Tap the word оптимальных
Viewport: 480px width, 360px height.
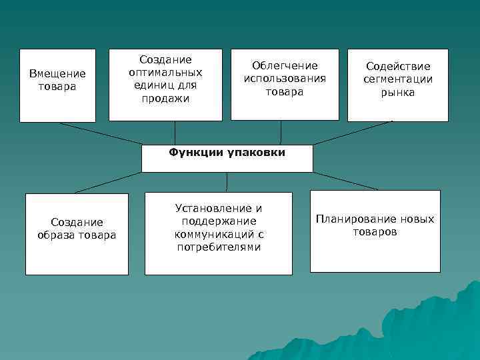click(x=165, y=73)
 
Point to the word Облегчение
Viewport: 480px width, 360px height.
click(x=285, y=65)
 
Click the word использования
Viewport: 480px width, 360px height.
click(x=285, y=79)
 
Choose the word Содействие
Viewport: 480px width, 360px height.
click(x=398, y=67)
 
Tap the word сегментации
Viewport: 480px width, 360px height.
click(x=398, y=79)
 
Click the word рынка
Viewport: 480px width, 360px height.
click(x=398, y=93)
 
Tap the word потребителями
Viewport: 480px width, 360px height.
click(x=219, y=247)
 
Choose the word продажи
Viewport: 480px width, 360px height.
click(x=165, y=99)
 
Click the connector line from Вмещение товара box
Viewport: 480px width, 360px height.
click(x=100, y=133)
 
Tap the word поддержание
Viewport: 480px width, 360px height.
click(x=219, y=221)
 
